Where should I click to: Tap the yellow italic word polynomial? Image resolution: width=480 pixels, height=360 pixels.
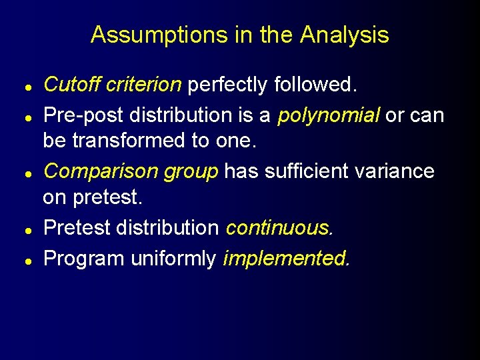coord(329,115)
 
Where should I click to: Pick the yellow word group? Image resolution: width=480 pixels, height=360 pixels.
coord(189,171)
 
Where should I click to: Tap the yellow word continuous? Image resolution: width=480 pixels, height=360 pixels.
coord(279,228)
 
